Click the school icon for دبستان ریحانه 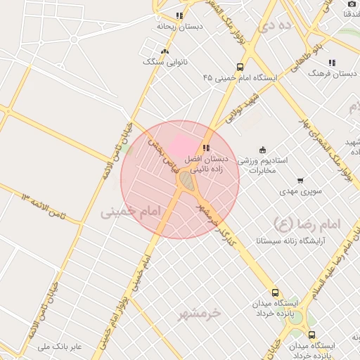pyautogui.click(x=179, y=15)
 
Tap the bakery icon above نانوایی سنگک pyautogui.click(x=165, y=51)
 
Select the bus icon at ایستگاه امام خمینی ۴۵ pyautogui.click(x=240, y=67)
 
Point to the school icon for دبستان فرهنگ pyautogui.click(x=331, y=62)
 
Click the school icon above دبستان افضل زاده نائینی pyautogui.click(x=205, y=148)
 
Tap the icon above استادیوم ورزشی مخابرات pyautogui.click(x=262, y=149)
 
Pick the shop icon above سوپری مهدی pyautogui.click(x=300, y=181)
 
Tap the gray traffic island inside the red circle pyautogui.click(x=186, y=181)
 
